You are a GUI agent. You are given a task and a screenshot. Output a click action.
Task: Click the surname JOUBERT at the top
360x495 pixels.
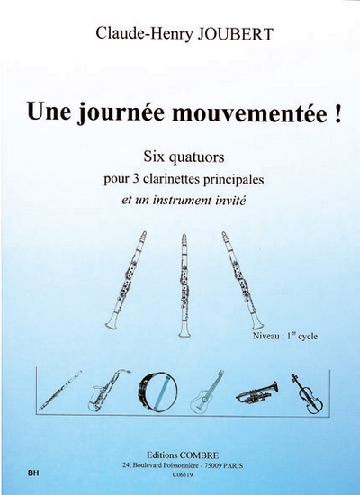point(235,34)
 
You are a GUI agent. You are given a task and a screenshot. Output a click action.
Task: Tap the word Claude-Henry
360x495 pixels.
point(144,34)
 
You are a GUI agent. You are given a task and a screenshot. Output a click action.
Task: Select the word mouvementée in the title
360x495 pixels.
point(250,113)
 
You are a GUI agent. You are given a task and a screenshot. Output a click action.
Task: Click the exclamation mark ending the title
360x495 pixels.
point(337,112)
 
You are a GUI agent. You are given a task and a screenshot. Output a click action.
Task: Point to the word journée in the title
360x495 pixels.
point(121,113)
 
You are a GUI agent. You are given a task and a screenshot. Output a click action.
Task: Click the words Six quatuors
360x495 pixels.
point(184,157)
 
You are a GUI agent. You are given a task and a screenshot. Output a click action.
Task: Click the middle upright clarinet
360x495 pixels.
point(184,285)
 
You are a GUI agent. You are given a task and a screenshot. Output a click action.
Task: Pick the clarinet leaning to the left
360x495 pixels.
point(126,280)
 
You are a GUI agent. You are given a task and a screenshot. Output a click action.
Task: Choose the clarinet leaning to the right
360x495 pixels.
point(242,280)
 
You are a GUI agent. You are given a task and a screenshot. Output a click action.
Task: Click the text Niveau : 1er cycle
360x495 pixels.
point(285,337)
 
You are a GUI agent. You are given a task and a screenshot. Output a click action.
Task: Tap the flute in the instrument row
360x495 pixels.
point(60,391)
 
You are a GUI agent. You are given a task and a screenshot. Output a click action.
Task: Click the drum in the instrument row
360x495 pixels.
point(157,391)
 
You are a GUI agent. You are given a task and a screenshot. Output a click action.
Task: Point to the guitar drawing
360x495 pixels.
point(207,392)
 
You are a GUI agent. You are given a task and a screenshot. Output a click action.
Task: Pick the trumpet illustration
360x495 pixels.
point(257,392)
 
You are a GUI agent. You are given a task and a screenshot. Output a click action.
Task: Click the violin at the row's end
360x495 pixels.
point(307,393)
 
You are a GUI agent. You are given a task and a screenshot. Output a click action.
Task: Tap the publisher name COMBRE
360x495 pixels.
point(199,455)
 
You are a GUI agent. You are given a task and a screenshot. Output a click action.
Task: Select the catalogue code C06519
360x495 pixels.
point(184,474)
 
